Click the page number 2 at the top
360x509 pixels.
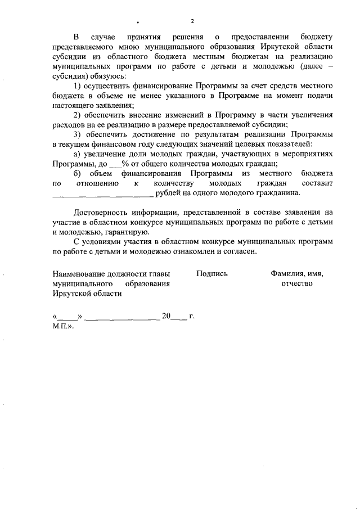192,22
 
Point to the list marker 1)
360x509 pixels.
79,85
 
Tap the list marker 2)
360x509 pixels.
79,115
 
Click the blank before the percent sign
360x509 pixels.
115,165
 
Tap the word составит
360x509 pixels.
317,184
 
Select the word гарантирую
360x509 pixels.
129,233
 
